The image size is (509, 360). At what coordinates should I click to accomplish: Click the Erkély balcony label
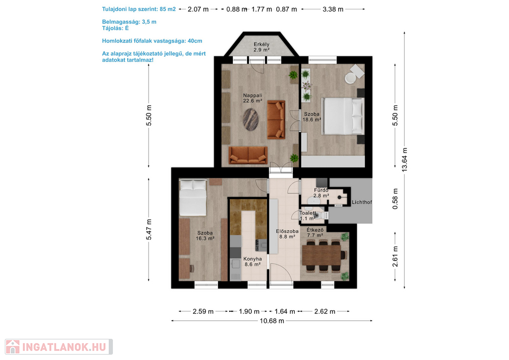[261, 47]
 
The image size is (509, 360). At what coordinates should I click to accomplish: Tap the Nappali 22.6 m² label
[252, 98]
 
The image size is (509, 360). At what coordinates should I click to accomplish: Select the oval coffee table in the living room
[251, 119]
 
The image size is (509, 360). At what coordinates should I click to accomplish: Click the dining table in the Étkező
[321, 255]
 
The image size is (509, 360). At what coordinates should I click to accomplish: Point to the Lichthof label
[362, 202]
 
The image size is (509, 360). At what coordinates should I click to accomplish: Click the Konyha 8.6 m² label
[252, 261]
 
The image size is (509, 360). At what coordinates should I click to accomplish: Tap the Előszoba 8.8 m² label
[287, 234]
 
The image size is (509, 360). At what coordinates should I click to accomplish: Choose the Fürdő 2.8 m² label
[321, 193]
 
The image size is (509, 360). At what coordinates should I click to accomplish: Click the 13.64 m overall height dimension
[405, 160]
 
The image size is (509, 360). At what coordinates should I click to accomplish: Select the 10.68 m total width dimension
[272, 321]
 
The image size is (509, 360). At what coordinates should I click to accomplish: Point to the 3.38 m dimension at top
[333, 9]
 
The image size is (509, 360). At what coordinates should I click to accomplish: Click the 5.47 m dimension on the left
[148, 230]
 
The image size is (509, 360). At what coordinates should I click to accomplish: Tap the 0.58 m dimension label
[395, 199]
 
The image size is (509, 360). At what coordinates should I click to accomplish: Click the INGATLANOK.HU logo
[59, 347]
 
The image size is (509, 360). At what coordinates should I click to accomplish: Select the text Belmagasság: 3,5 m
[129, 22]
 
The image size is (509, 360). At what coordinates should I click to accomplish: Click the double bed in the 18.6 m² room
[343, 116]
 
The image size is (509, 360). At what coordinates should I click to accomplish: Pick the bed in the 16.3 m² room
[193, 197]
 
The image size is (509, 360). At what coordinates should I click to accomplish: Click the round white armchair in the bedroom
[350, 78]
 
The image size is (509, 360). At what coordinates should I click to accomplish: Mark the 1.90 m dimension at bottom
[249, 311]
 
